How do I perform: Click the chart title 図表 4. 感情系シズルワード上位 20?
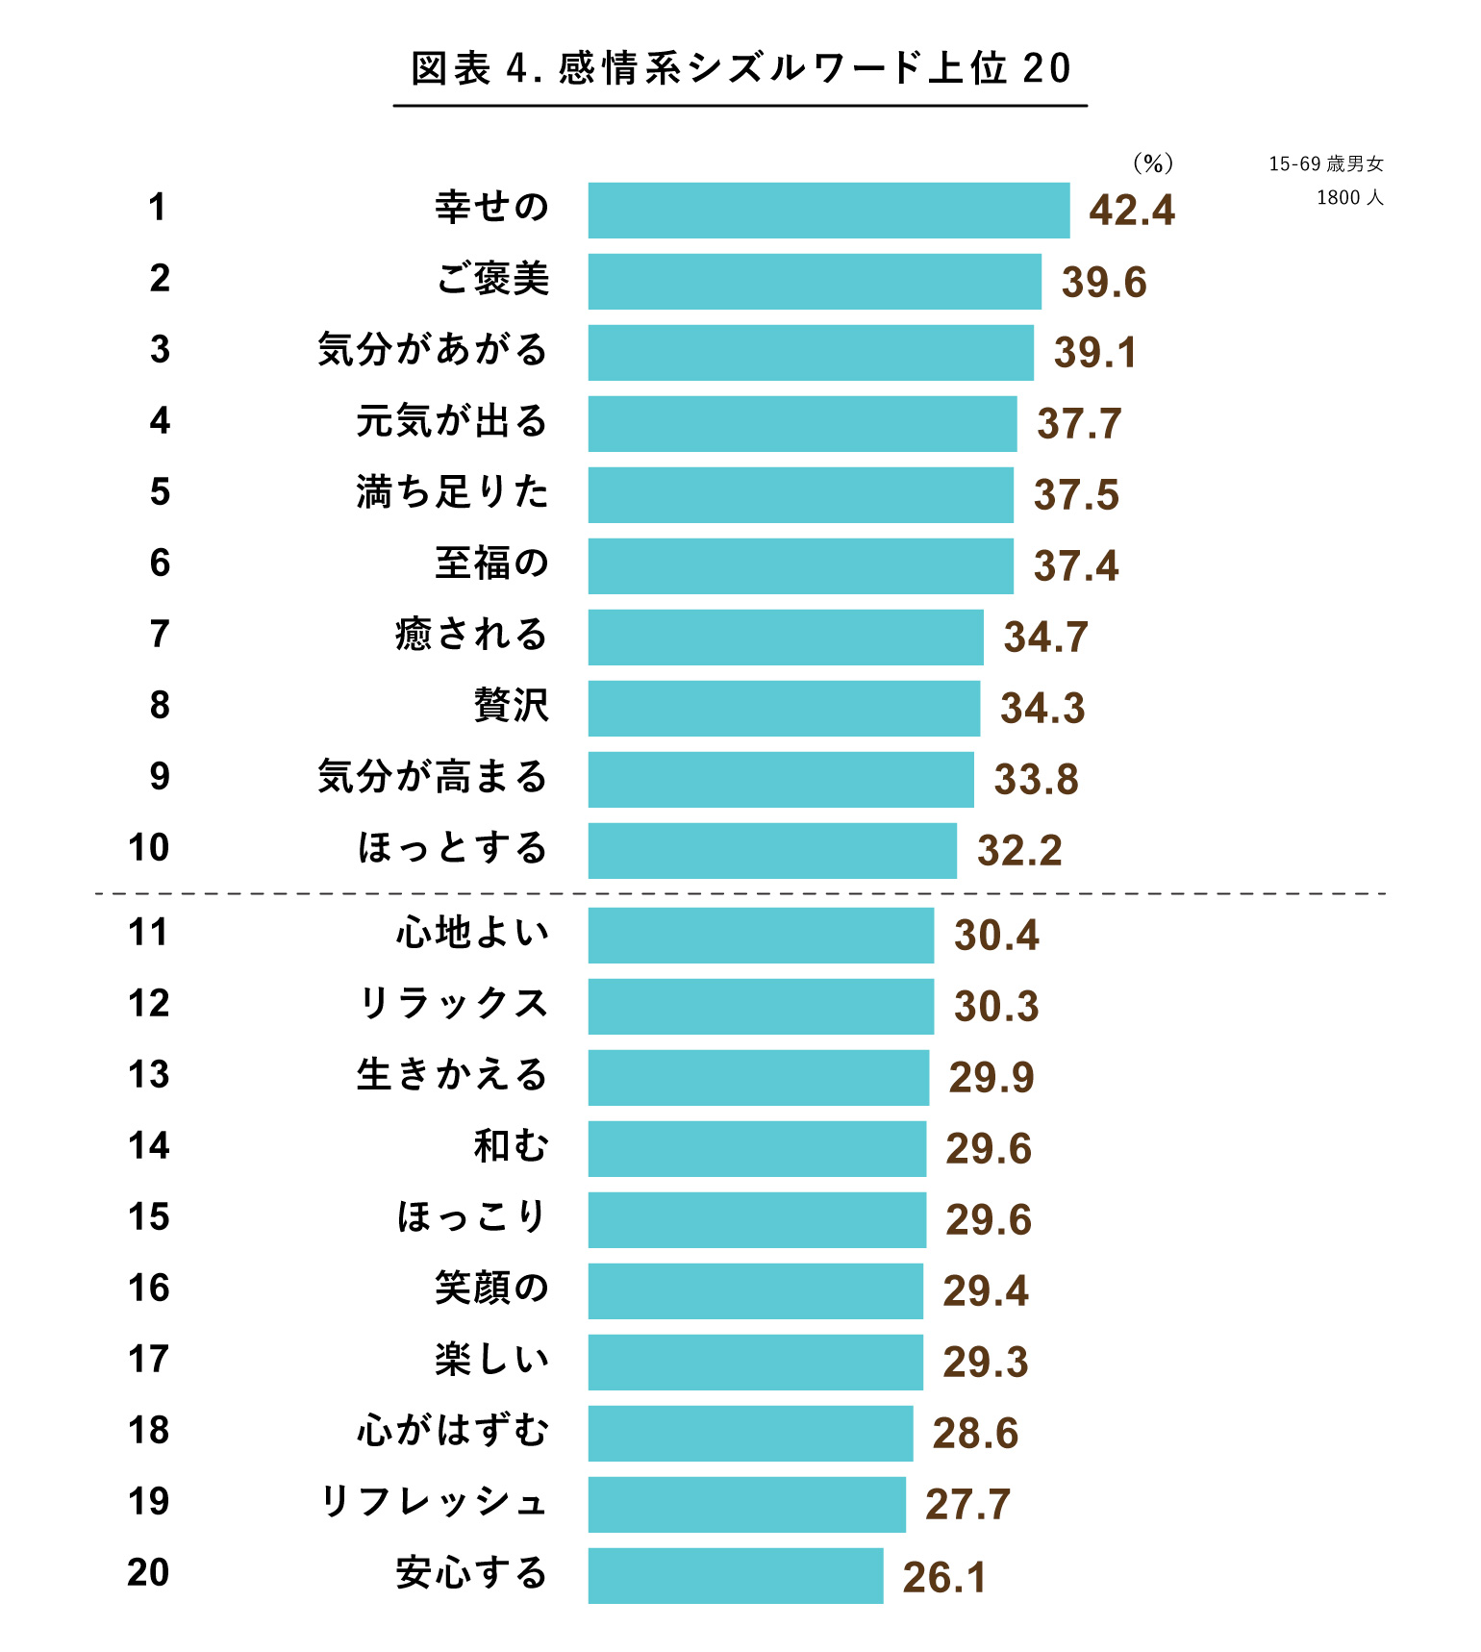pos(740,69)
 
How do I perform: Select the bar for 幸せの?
pos(828,211)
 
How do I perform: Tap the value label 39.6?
pos(1104,283)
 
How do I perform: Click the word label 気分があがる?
pos(433,350)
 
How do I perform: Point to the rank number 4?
pos(160,421)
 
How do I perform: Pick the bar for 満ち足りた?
pos(800,495)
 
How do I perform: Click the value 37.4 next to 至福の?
pos(1076,566)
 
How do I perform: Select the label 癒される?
pos(471,635)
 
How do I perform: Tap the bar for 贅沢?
pos(784,709)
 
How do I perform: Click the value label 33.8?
pos(1036,780)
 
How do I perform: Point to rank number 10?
pos(149,848)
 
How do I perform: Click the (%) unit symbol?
pos(1152,163)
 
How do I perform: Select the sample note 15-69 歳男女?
pos(1325,164)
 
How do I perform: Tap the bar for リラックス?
pos(761,1007)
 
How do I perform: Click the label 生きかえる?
pos(452,1075)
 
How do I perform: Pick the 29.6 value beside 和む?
pos(989,1149)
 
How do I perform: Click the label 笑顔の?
pos(490,1289)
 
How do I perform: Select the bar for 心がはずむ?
pos(750,1434)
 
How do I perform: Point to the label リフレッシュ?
pos(433,1502)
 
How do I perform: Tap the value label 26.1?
pos(944,1578)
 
